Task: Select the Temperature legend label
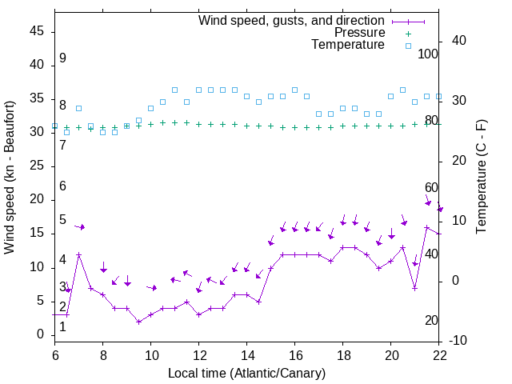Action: coord(348,45)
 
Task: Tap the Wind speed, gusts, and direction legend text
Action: coord(291,20)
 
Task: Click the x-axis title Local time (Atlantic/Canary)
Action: coord(246,373)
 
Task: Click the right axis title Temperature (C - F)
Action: coord(482,178)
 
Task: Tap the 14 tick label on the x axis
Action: coord(246,354)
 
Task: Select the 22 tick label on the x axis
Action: coord(438,354)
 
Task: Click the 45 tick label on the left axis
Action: coord(36,31)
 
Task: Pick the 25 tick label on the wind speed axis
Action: coord(36,166)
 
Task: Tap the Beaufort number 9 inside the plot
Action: coord(62,58)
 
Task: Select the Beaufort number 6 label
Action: coord(62,186)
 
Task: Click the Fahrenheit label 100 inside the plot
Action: coord(428,54)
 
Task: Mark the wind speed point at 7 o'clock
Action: coord(78,254)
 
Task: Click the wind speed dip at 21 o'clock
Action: coord(414,288)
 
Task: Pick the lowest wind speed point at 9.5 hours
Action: coord(138,322)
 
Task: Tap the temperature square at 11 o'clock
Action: coord(174,90)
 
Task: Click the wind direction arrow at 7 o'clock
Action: coord(80,227)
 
